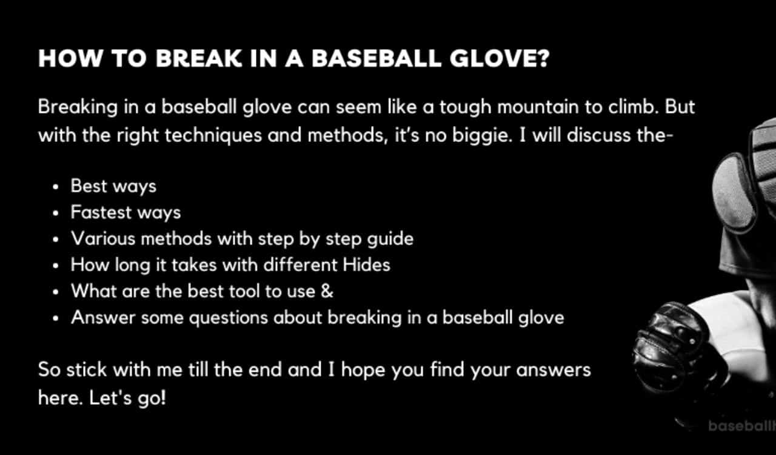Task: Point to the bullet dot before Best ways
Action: [56, 187]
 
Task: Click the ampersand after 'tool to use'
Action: [327, 291]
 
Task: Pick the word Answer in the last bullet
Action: [103, 317]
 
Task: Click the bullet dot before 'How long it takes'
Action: [56, 266]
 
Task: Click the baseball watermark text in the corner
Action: [741, 426]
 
